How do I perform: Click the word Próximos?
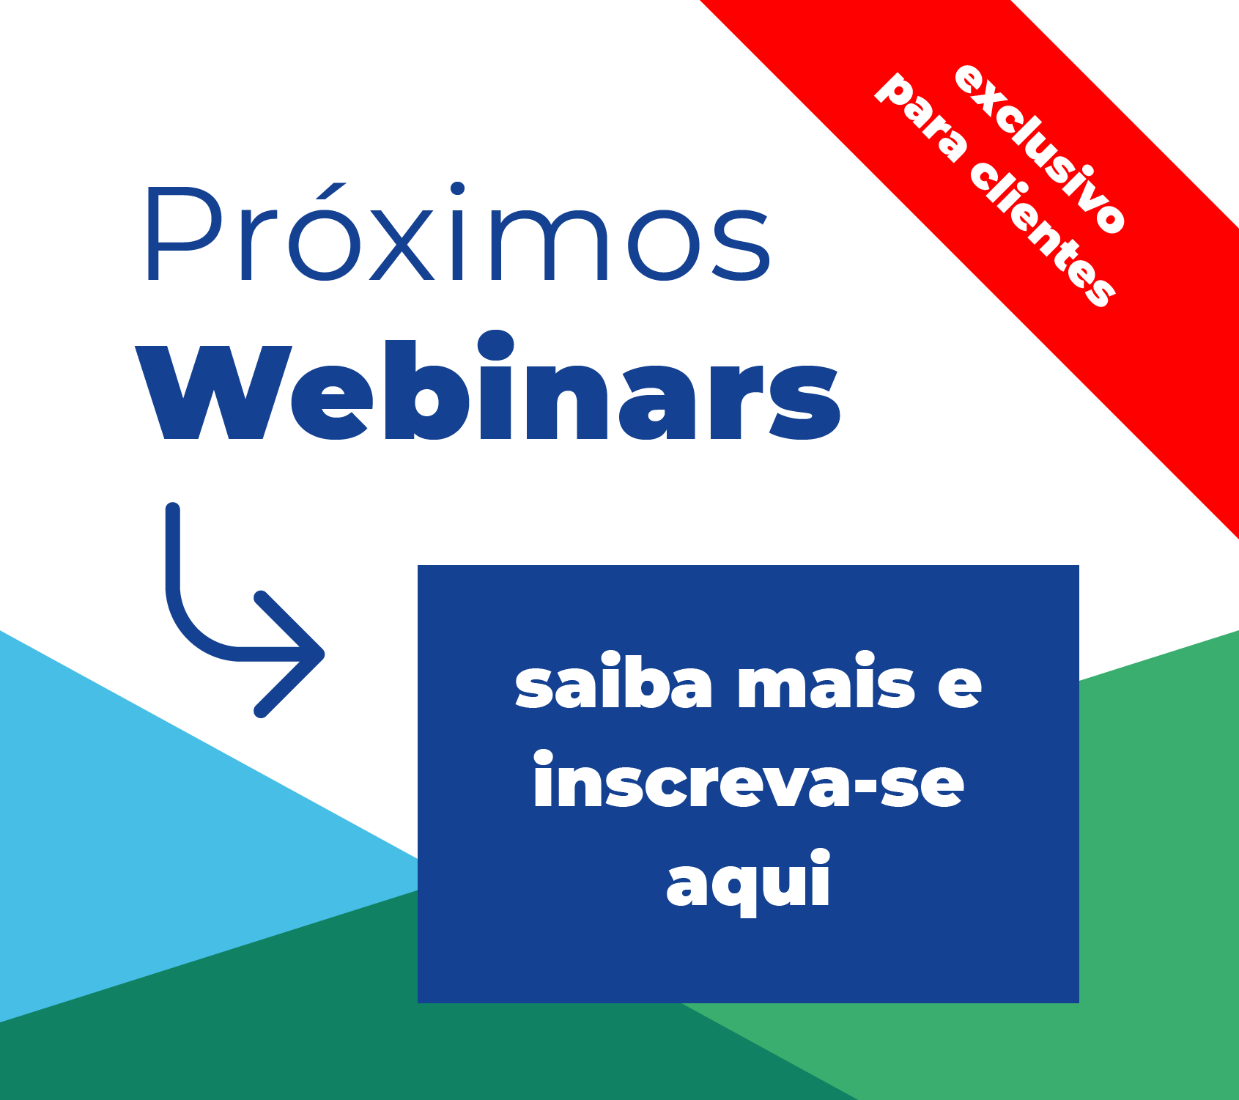[459, 233]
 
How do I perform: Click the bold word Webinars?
[488, 386]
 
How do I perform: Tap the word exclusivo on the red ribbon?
[1040, 150]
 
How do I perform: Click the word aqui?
[748, 882]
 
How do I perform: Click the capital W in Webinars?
[214, 393]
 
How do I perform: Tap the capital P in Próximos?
[184, 234]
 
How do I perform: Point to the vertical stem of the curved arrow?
[173, 550]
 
